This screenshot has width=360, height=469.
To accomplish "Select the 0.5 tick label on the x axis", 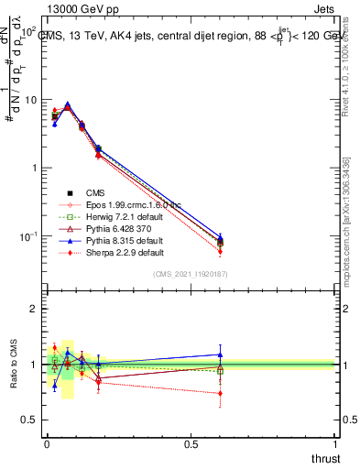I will tap(191, 442).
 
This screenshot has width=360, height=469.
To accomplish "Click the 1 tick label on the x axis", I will tap(336, 442).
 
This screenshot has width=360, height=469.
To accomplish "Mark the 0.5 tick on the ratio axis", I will tap(30, 420).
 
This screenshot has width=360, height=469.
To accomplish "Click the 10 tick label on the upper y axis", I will tap(30, 100).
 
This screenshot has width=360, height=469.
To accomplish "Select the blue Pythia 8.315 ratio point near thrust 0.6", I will tap(220, 354).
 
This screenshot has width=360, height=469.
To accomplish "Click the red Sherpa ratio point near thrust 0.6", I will tap(220, 393).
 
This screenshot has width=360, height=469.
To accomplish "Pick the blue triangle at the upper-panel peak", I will tap(67, 104).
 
